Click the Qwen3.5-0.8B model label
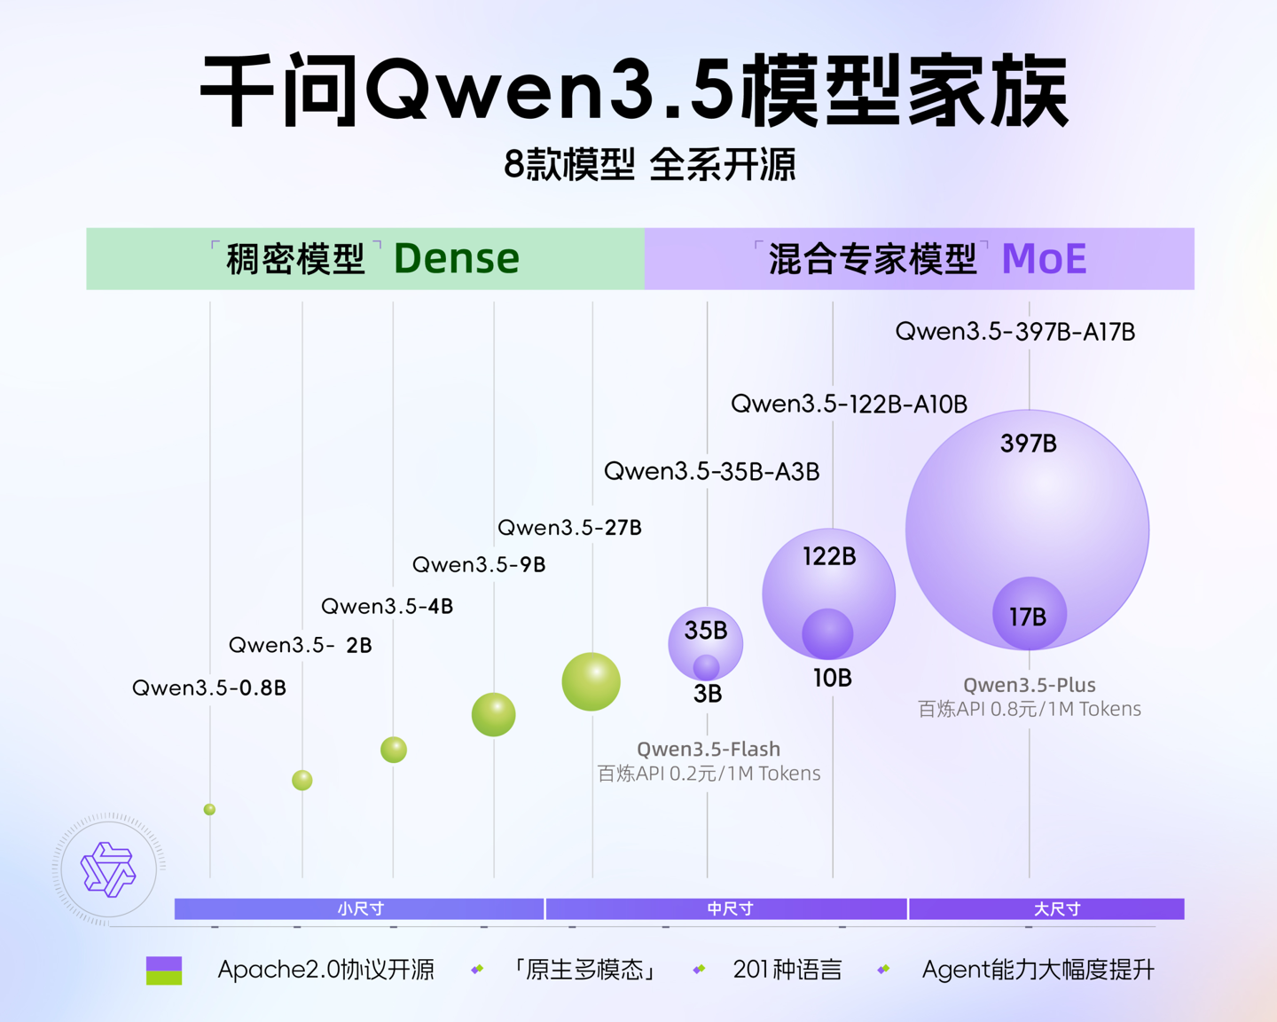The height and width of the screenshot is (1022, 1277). click(x=209, y=688)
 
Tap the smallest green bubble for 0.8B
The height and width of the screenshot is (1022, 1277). click(x=209, y=809)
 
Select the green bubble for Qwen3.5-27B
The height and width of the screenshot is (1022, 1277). click(x=591, y=681)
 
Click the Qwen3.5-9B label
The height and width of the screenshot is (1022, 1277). click(x=479, y=564)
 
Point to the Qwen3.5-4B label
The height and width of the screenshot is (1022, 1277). click(x=387, y=606)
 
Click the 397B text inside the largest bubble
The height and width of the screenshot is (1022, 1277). click(x=1029, y=444)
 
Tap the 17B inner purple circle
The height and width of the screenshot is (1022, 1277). click(x=1029, y=615)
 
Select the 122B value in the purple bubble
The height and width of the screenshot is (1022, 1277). click(x=829, y=556)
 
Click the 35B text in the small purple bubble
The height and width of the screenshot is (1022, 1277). click(x=706, y=631)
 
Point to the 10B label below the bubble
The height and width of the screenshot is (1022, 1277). click(x=832, y=679)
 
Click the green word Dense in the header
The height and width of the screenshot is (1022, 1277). click(x=456, y=259)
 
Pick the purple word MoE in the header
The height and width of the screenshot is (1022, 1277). click(x=1044, y=259)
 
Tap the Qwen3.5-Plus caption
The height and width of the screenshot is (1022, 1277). click(x=1030, y=685)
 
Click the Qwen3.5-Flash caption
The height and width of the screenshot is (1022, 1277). click(x=709, y=750)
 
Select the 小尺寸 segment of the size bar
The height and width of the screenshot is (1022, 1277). click(x=359, y=908)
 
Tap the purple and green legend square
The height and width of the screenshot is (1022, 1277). click(x=164, y=971)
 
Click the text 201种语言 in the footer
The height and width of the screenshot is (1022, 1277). click(x=787, y=970)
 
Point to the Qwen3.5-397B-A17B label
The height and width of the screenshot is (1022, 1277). click(x=1015, y=332)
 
